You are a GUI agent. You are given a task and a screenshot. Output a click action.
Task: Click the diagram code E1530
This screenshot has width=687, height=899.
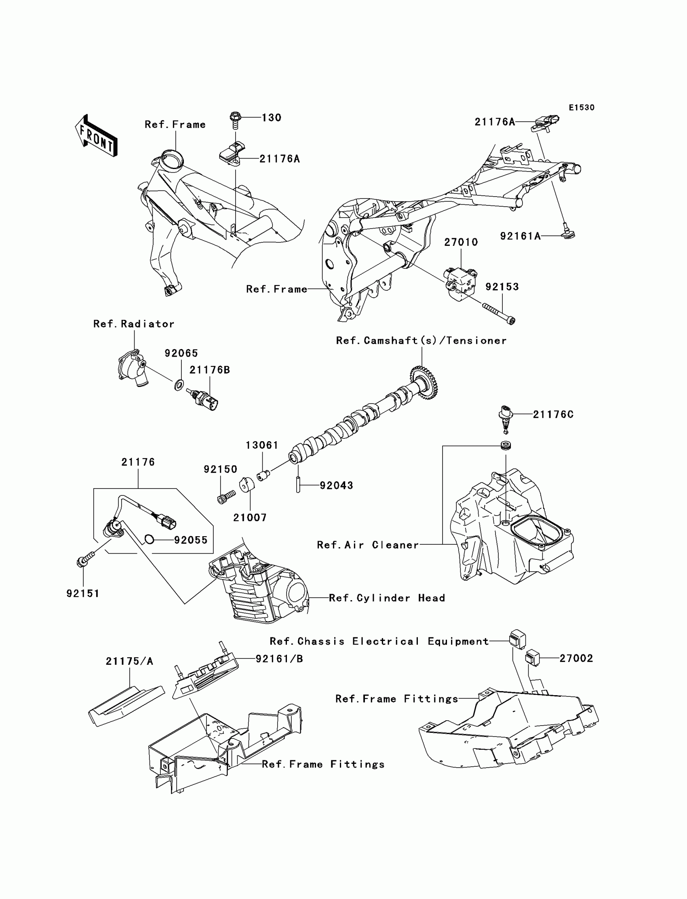click(x=582, y=108)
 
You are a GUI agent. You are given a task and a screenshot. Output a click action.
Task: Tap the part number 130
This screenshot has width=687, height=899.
click(x=272, y=118)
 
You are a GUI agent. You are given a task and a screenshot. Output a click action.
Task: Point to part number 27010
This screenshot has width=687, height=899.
click(x=461, y=242)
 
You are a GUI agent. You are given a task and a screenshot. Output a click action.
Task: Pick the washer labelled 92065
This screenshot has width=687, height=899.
click(x=179, y=385)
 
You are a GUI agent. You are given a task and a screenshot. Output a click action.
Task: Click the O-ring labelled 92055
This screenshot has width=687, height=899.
click(x=149, y=539)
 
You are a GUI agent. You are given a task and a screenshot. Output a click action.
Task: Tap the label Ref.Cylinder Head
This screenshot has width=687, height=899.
click(x=386, y=598)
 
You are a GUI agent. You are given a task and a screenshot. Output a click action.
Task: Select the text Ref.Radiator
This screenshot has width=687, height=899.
click(x=134, y=324)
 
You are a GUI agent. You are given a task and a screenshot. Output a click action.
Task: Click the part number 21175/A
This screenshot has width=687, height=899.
click(x=129, y=661)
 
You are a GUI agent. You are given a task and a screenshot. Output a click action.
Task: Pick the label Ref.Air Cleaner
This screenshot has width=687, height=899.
click(x=368, y=545)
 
